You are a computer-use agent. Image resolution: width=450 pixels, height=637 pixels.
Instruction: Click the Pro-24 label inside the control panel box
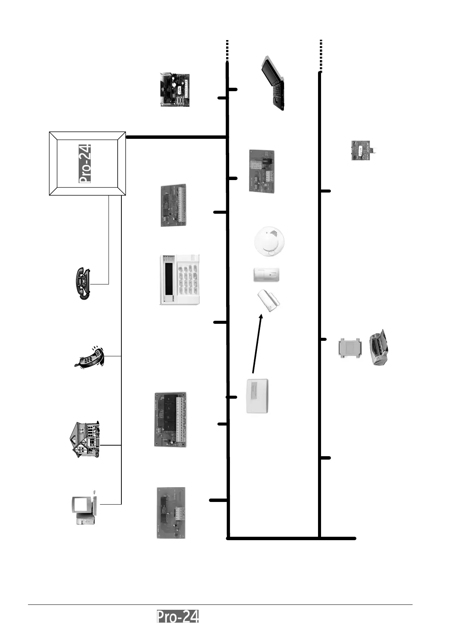tap(85, 163)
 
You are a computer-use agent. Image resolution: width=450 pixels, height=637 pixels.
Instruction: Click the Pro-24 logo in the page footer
tap(178, 616)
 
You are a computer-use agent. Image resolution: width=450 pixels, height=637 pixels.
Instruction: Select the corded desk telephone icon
tap(82, 283)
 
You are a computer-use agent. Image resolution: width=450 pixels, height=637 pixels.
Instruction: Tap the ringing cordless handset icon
tap(90, 357)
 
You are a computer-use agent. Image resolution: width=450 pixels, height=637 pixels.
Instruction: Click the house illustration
tap(85, 440)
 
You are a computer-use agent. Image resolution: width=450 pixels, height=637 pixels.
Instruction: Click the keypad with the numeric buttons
tap(179, 280)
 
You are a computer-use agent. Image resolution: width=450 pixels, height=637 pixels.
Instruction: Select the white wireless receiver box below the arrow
tap(258, 396)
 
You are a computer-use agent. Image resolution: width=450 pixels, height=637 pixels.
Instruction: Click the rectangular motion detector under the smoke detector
tap(266, 275)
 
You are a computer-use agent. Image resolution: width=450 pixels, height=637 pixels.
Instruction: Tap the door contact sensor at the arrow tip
tap(269, 301)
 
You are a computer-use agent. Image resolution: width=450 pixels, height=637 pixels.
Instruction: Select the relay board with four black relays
tap(171, 419)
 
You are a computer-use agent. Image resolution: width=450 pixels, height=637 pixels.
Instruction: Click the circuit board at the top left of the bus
tap(175, 90)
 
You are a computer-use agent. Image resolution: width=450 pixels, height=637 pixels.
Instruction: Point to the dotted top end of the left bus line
tap(227, 50)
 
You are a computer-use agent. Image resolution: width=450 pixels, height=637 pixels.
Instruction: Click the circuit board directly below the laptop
tap(262, 171)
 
